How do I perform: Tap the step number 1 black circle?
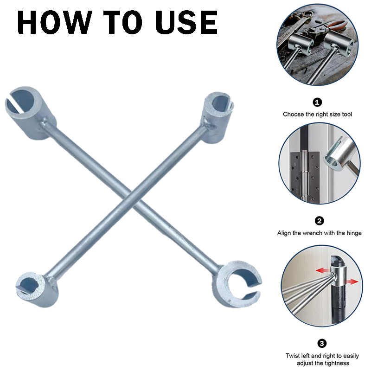click(x=317, y=102)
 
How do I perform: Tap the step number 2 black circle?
click(x=320, y=221)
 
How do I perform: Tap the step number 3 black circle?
click(x=322, y=343)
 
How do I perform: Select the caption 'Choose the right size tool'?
click(x=317, y=114)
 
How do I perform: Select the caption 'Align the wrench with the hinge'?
click(x=320, y=233)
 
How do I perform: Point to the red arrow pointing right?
click(x=352, y=281)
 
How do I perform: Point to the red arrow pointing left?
click(x=323, y=270)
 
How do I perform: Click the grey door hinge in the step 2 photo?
click(x=305, y=176)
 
